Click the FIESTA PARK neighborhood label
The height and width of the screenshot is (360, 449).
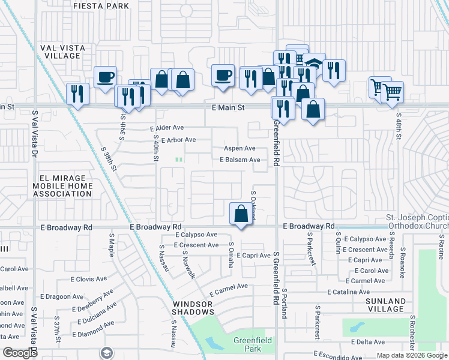click(x=101, y=6)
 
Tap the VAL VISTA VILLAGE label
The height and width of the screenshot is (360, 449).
click(x=68, y=51)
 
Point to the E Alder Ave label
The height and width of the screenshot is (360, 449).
click(x=167, y=128)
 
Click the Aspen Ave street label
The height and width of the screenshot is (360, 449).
click(x=240, y=148)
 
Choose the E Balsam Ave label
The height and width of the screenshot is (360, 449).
click(x=240, y=160)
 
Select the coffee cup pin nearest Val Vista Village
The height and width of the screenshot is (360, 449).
click(x=106, y=77)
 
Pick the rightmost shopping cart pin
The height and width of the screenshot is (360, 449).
click(x=392, y=92)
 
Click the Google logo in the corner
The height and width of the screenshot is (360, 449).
click(x=20, y=353)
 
